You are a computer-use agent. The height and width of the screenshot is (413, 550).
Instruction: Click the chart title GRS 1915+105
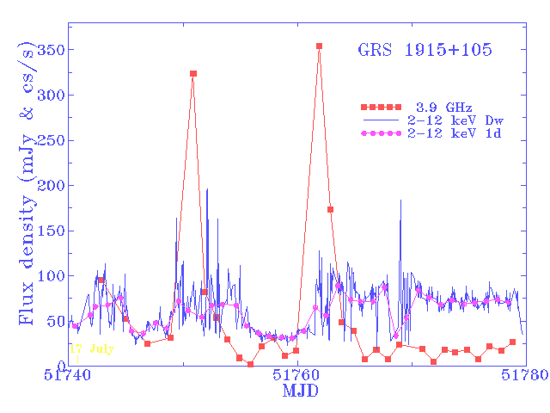[425, 50]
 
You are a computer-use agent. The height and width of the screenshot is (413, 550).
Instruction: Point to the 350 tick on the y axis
[50, 50]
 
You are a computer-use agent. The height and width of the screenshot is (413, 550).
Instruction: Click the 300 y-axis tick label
[50, 95]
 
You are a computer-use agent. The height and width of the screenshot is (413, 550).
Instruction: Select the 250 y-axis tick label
[50, 140]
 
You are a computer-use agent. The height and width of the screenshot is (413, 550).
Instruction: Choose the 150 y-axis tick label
[50, 231]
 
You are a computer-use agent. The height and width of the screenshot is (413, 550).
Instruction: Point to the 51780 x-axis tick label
[522, 377]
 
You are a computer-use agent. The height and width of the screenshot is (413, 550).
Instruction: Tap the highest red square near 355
[319, 46]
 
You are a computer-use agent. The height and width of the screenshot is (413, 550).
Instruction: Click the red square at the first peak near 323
[193, 74]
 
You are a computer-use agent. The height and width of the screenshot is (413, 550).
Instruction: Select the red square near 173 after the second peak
[330, 209]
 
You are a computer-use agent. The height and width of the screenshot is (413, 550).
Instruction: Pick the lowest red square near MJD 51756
[250, 364]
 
